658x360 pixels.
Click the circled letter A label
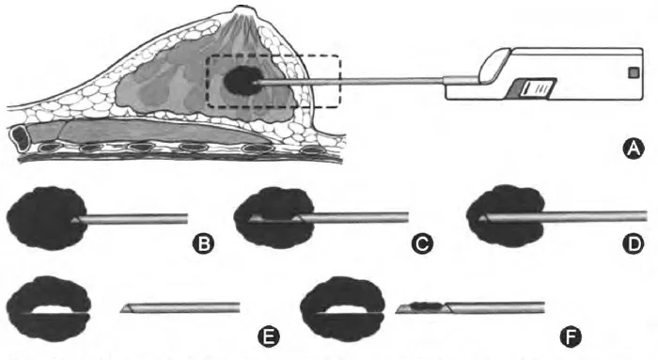pos(634,149)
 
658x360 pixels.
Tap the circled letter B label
pos(203,243)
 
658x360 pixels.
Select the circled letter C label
pos(422,243)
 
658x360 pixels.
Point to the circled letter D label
pos(634,243)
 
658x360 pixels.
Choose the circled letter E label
pos(269,337)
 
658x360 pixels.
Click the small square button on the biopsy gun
pos(633,73)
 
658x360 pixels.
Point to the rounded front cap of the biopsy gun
pos(495,66)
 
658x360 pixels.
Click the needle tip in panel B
pos(74,219)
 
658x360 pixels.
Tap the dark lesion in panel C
pos(274,218)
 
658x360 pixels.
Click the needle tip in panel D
pos(481,218)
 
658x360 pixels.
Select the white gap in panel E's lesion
pos(55,309)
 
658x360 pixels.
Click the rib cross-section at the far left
pos(19,137)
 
